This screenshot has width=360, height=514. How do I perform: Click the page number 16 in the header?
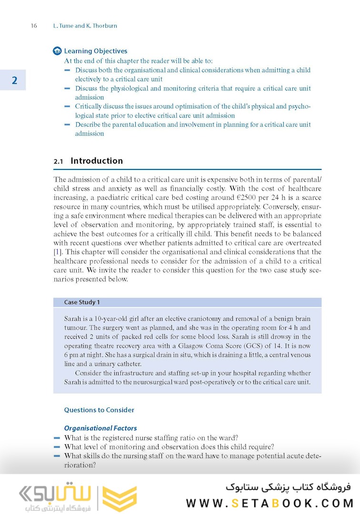point(34,26)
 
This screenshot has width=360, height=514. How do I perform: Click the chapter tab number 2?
point(14,80)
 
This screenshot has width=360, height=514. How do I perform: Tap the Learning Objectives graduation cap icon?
point(58,51)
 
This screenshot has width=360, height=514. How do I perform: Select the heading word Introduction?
point(97,161)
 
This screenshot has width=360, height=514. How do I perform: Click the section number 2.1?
point(59,161)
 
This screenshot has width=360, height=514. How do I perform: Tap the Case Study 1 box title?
point(82,302)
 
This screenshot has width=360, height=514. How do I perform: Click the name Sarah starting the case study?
point(73,318)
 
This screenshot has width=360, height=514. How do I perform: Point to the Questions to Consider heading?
point(99,410)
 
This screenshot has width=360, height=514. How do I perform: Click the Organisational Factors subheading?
point(100,428)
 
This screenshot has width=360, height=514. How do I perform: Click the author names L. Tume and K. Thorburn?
point(85,26)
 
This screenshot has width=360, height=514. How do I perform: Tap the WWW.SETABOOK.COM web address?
point(269,503)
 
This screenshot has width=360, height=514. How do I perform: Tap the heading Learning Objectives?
point(96,51)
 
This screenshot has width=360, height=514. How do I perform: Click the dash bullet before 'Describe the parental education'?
point(67,125)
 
